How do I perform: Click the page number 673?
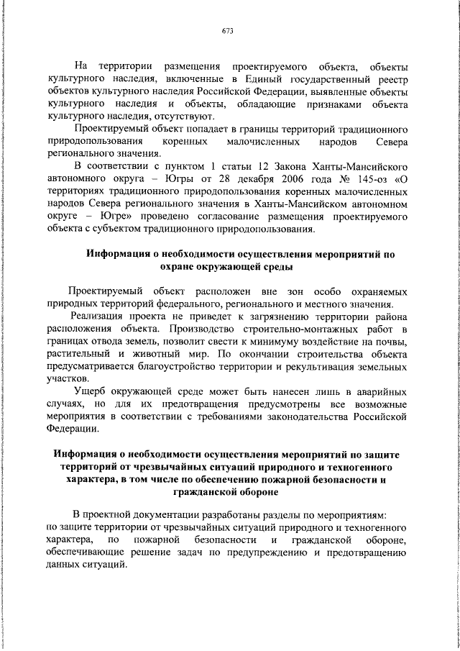[229, 32]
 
